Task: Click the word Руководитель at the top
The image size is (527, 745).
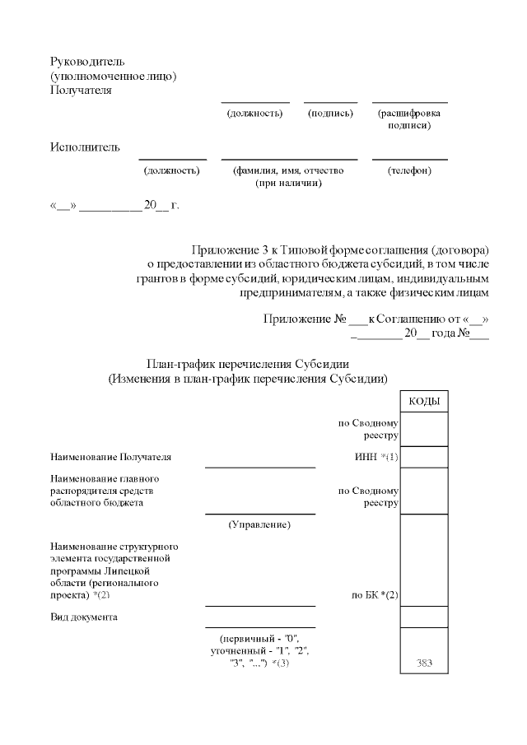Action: pyautogui.click(x=87, y=62)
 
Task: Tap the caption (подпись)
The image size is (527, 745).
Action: pyautogui.click(x=330, y=114)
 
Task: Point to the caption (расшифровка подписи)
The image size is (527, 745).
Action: pyautogui.click(x=409, y=119)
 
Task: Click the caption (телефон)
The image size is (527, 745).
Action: pyautogui.click(x=409, y=170)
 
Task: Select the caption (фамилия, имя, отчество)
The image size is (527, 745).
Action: pyautogui.click(x=288, y=170)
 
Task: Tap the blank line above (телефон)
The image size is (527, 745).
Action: pyautogui.click(x=409, y=160)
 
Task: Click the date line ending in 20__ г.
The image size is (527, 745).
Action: pyautogui.click(x=114, y=205)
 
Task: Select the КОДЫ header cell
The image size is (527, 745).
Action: pyautogui.click(x=423, y=401)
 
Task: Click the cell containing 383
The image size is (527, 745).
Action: pyautogui.click(x=423, y=663)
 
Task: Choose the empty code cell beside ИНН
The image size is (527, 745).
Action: pyautogui.click(x=423, y=457)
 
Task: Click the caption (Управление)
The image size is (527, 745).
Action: pyautogui.click(x=259, y=524)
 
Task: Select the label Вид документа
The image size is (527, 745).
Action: pyautogui.click(x=83, y=617)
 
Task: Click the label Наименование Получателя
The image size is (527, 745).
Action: pyautogui.click(x=111, y=457)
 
